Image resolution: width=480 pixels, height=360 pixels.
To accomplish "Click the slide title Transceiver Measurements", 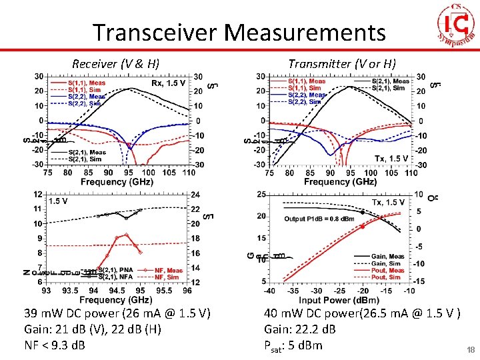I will coord(239,32).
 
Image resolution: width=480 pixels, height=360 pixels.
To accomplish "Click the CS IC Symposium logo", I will coord(456,25).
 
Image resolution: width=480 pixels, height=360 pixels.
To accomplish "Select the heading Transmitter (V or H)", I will coord(342,64).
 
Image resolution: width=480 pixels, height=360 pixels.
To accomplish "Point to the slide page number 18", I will coord(470,350).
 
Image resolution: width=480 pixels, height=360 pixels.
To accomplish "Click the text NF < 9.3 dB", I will coord(54,345).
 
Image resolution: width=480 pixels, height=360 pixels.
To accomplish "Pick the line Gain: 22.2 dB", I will coord(299,329).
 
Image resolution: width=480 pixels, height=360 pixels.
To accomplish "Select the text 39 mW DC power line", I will coord(117,313).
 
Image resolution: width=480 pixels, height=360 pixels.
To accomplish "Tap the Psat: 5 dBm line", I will coord(293,345).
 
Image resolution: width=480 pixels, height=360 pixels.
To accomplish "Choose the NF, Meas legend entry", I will coord(167,271).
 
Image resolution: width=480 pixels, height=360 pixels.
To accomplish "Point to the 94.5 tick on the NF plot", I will coord(117,291).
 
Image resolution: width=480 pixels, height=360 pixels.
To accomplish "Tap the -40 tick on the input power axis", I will coord(269,291).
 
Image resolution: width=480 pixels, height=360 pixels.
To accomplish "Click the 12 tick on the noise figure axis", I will coord(38,194).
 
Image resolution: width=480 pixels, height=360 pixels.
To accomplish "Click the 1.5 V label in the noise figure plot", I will coord(58,200).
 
